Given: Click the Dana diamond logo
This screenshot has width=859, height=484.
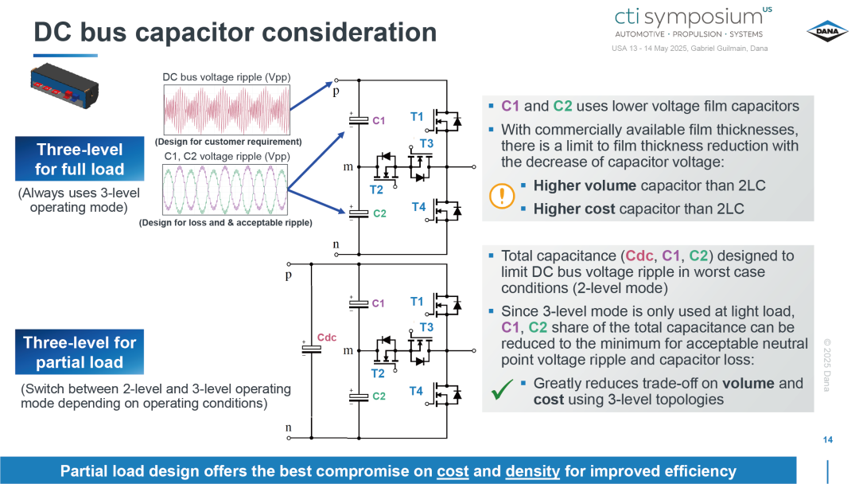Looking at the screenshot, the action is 827,31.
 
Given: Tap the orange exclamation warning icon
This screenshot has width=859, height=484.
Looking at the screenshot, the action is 501,196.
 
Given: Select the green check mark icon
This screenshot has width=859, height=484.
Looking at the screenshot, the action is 502,388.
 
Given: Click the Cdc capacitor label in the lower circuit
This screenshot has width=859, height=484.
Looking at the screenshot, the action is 327,337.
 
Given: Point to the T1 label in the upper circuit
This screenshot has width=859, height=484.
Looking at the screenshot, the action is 417,116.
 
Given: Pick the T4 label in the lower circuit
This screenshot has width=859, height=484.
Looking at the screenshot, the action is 416,391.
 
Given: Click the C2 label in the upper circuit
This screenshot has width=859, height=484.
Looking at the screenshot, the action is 379,213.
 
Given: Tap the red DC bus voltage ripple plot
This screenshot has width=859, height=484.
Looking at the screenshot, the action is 227,110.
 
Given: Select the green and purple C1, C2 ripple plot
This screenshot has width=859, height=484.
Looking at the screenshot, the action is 225,189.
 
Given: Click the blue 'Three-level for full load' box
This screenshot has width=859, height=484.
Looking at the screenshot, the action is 80,159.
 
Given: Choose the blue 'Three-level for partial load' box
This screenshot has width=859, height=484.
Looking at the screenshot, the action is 80,352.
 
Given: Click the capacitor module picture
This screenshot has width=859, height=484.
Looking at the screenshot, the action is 64,85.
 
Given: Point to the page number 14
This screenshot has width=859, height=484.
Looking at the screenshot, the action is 828,439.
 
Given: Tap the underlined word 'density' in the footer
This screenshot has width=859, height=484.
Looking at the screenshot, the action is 532,471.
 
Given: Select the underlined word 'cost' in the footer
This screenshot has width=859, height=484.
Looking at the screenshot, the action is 453,471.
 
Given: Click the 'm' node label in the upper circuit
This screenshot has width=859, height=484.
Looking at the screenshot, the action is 348,166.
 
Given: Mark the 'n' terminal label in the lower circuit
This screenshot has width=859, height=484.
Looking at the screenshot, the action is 288,427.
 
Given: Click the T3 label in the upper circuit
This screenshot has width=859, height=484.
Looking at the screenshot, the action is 426,143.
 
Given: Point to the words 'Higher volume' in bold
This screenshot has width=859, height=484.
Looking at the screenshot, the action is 585,185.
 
